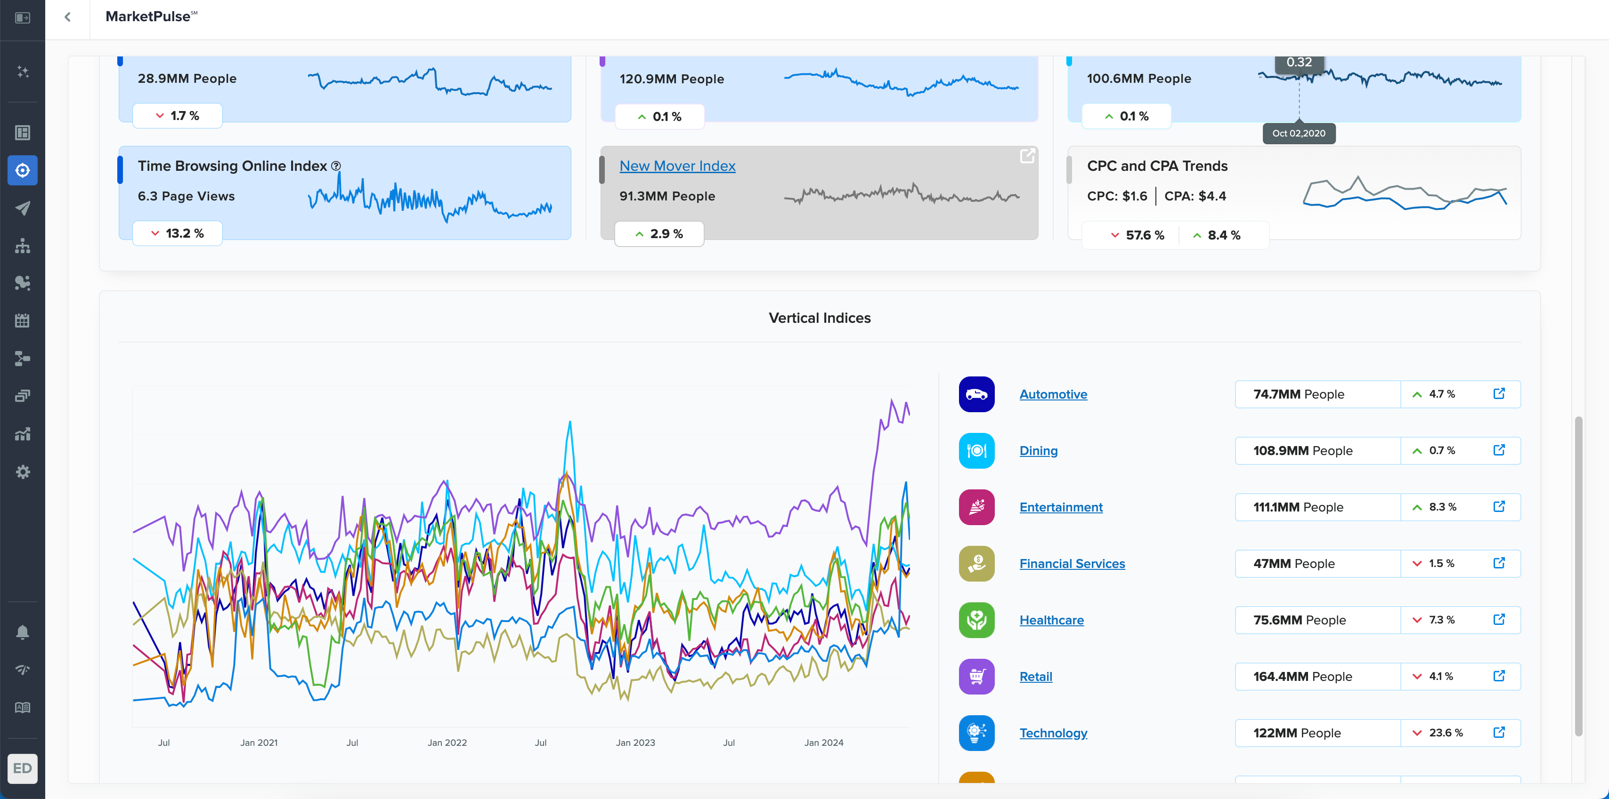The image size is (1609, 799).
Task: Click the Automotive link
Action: coord(1053,394)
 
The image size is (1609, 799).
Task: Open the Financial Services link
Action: coord(1072,564)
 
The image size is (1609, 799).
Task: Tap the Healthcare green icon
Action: coord(976,620)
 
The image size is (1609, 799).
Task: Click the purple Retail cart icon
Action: coord(976,677)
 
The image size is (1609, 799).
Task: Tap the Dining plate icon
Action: coord(976,451)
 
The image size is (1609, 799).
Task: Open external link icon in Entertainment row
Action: coord(1499,506)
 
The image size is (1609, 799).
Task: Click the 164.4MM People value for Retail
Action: coord(1302,677)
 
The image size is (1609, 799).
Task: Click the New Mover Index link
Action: coord(677,166)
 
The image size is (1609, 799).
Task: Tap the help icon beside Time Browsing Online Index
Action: coord(336,166)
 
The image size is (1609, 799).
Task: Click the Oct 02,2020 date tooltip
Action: coord(1299,134)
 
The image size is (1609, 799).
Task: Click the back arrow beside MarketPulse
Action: coord(67,17)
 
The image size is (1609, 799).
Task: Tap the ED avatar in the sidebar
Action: coord(23,768)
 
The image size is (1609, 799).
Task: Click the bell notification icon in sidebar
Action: coord(23,632)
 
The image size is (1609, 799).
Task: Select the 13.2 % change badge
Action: coord(178,233)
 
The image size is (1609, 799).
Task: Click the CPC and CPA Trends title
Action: coord(1157,166)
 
